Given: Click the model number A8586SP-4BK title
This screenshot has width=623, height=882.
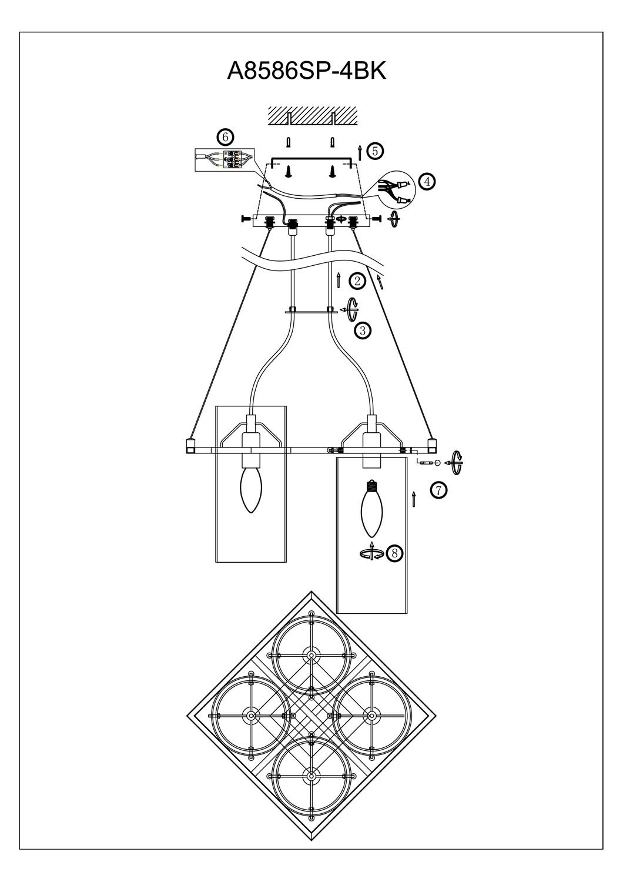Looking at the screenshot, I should pos(306,71).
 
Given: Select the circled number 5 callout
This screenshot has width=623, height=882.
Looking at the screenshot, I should pos(376,151).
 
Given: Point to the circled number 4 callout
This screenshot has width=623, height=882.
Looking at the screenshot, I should pos(427,182).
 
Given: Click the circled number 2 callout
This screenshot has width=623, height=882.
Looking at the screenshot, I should pos(357,281).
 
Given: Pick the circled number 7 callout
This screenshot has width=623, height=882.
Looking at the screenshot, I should pos(438,489).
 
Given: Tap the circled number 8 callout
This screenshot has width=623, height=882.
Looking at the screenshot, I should pos(395,553).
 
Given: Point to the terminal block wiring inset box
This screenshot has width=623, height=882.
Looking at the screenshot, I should pos(223,159).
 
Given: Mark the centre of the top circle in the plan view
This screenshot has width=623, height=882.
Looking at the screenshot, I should pos(310,654).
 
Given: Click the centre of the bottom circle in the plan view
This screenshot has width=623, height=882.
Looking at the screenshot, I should pos(310,775).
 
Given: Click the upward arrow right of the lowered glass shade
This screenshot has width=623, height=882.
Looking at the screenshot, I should pos(414,499).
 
